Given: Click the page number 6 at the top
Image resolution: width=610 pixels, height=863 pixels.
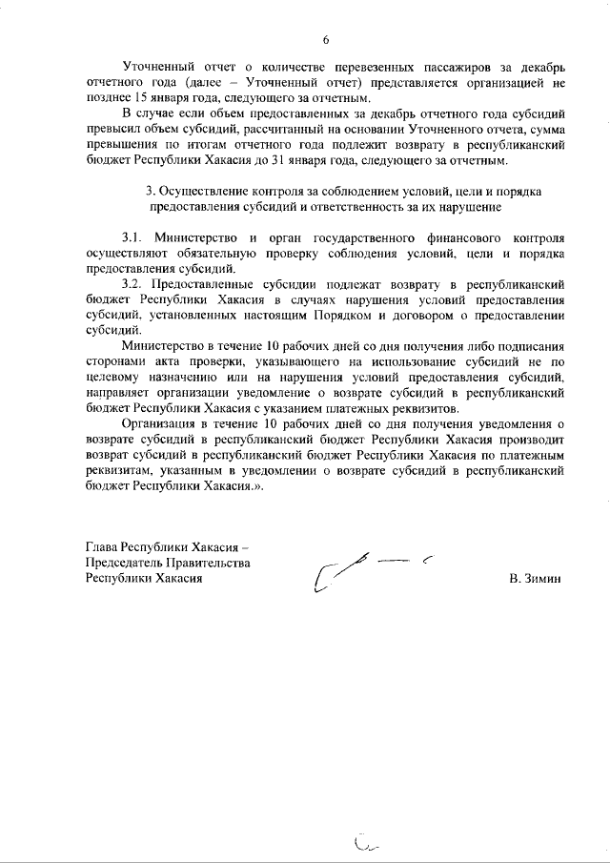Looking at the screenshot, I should click(325, 39).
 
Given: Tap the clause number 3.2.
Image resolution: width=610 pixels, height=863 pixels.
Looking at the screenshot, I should click(132, 284).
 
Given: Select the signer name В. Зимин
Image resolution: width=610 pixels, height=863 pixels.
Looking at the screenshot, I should click(537, 579).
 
